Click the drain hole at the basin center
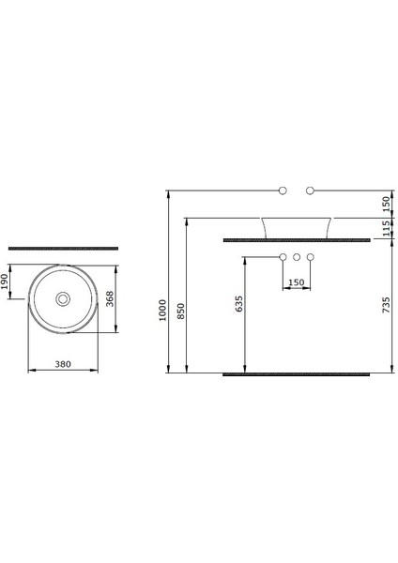63,299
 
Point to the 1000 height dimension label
161,310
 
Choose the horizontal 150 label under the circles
296,281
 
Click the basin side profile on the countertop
296,228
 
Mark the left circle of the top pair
283,190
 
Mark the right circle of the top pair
310,190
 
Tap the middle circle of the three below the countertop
296,257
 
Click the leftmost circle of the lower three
283,257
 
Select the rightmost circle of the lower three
310,257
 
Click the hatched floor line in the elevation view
296,373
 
